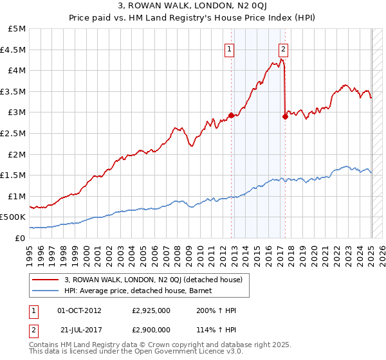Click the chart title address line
(194, 7)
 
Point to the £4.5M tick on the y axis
(14, 50)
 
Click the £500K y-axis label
(13, 217)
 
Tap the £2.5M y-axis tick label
(14, 133)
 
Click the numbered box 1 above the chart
(230, 47)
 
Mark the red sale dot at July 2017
(285, 116)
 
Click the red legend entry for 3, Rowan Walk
(152, 280)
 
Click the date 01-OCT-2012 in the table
(80, 310)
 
